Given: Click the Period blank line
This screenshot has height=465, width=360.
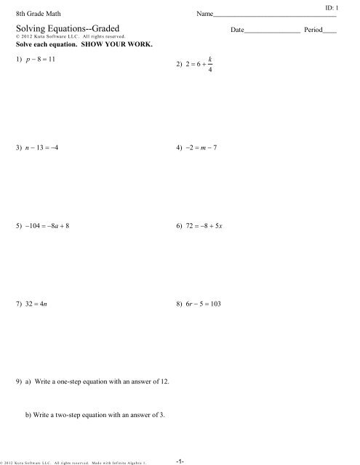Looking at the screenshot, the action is (x=329, y=31).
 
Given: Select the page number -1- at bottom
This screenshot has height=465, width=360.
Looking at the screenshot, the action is (x=180, y=458).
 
